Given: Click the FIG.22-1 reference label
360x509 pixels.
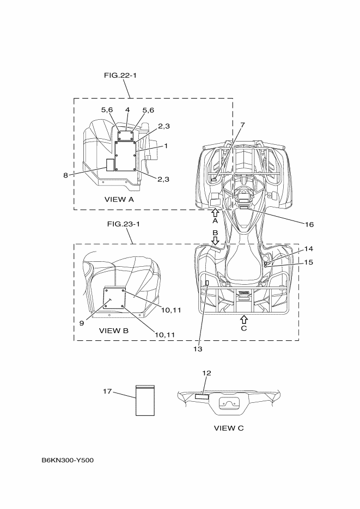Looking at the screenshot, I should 120,75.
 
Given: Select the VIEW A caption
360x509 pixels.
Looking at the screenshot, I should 119,200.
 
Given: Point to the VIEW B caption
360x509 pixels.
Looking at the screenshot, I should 114,330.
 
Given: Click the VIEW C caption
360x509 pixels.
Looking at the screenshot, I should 229,428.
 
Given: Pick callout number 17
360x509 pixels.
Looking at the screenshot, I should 108,391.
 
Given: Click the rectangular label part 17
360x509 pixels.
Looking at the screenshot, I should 145,401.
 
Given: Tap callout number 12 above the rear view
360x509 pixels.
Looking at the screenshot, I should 206,373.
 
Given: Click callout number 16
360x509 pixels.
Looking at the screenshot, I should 309,224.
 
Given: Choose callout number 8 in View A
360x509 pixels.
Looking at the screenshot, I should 65,175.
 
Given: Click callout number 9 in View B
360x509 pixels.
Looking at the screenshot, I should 81,323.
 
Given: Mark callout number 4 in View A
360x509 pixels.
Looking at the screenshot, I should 127,109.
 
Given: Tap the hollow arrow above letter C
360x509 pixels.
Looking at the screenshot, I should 243,318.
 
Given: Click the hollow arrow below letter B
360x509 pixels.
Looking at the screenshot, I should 215,240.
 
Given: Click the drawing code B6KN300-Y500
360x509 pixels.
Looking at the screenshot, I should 68,461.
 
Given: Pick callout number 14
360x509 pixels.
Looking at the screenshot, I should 309,248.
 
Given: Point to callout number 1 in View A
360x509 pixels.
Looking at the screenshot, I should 166,146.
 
